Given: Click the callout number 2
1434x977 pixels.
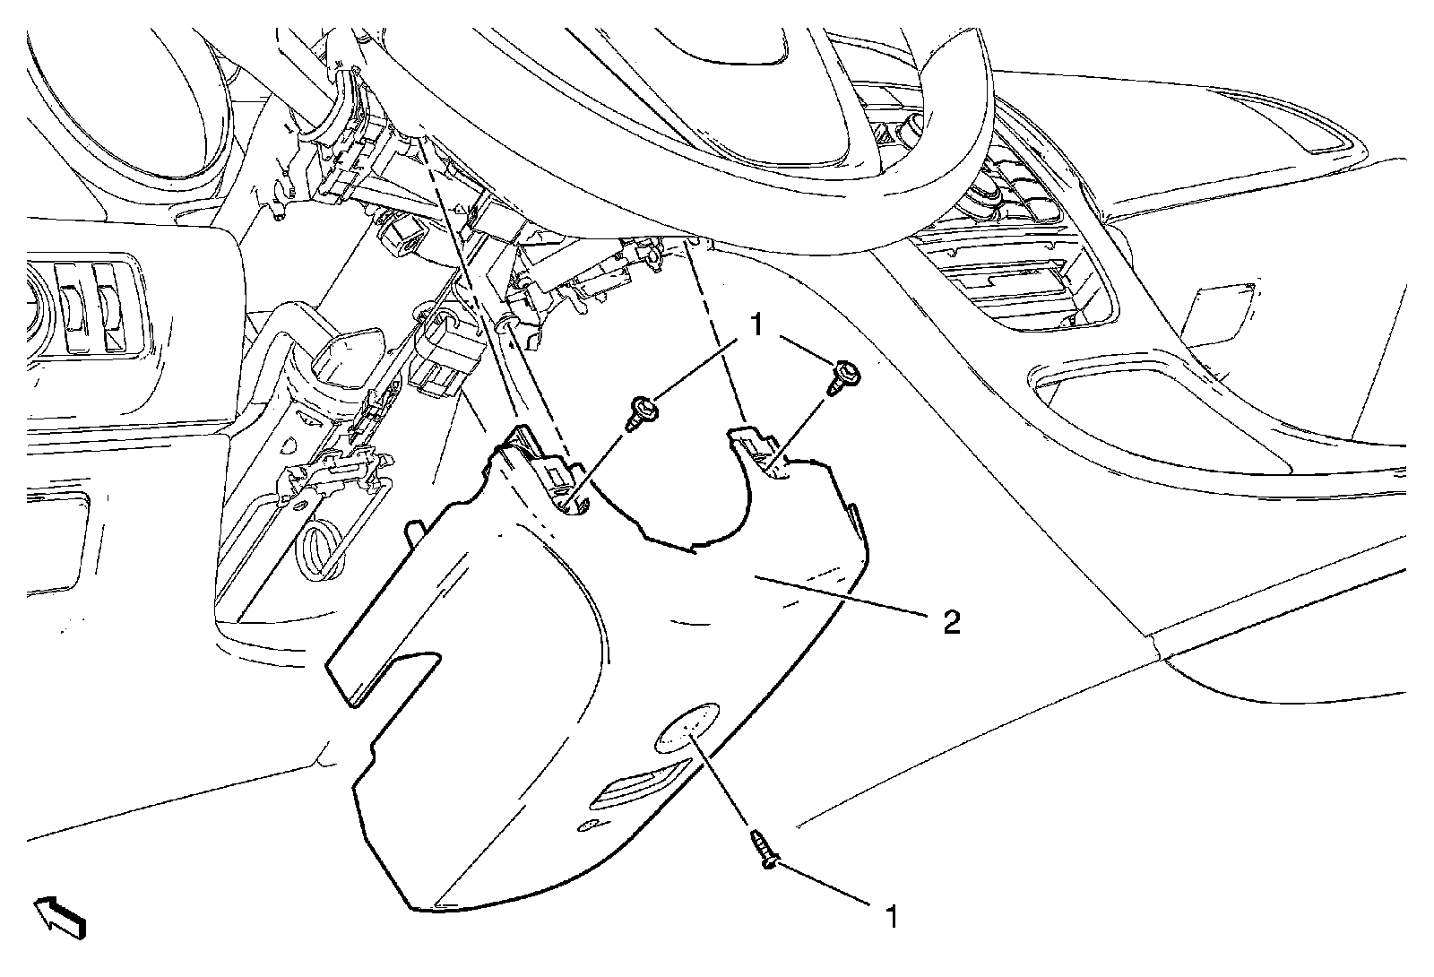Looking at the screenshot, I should click(951, 620).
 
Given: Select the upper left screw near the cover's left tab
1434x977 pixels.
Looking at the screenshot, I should click(642, 415).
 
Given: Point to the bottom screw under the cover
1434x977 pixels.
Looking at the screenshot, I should click(764, 848).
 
